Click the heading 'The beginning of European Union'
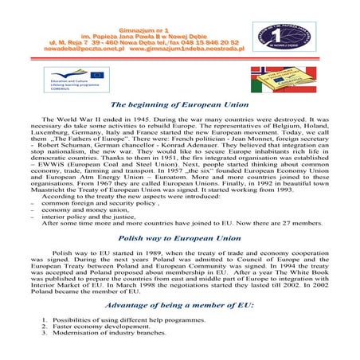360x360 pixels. click(179, 104)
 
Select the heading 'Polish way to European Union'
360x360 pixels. click(179, 238)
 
